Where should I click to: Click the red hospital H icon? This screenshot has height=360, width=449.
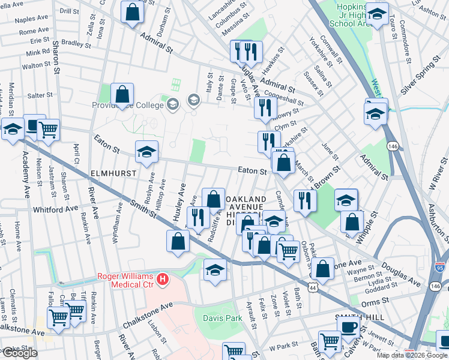(161, 278)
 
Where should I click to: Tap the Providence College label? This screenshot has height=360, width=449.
(128, 106)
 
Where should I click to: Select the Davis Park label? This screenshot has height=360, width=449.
(221, 317)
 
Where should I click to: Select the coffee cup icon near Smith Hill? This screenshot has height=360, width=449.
(349, 328)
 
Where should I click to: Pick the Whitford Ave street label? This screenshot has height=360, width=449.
(56, 208)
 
